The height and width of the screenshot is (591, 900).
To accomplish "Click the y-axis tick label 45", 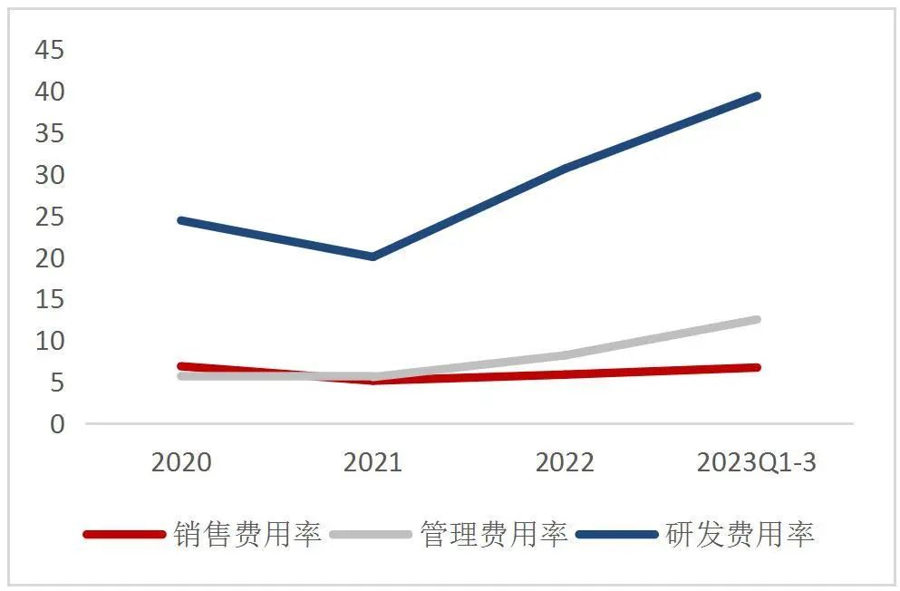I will coord(51,50).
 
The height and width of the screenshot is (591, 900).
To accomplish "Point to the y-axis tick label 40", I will coord(51,92).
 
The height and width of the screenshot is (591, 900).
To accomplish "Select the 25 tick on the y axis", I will coord(51,217).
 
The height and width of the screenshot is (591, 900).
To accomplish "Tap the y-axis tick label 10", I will coord(51,341).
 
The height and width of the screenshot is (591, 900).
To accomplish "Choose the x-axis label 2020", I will coord(181,463).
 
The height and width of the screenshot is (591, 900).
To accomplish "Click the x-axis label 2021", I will coord(373,463).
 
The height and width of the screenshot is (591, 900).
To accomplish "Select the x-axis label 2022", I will coord(565,463).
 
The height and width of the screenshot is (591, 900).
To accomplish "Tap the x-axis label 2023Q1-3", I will coord(756,463).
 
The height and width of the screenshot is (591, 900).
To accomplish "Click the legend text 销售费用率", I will coord(247,534).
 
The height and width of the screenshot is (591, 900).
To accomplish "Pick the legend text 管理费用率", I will coord(494,534).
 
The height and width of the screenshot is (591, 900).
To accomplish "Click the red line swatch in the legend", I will coord(125,534).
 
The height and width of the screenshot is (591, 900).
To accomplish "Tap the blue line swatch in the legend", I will coord(616,534).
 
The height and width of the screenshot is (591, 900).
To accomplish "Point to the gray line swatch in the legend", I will coord(372,534).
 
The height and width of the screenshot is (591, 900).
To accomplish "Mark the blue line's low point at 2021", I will coord(373,257).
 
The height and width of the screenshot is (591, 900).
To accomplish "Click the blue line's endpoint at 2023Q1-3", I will coord(757,96).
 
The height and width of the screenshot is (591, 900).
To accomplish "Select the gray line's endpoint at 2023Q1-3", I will coord(757,319).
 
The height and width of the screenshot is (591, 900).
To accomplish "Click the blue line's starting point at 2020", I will coord(181,220).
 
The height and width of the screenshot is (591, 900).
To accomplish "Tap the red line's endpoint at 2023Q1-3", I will coord(757,367).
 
